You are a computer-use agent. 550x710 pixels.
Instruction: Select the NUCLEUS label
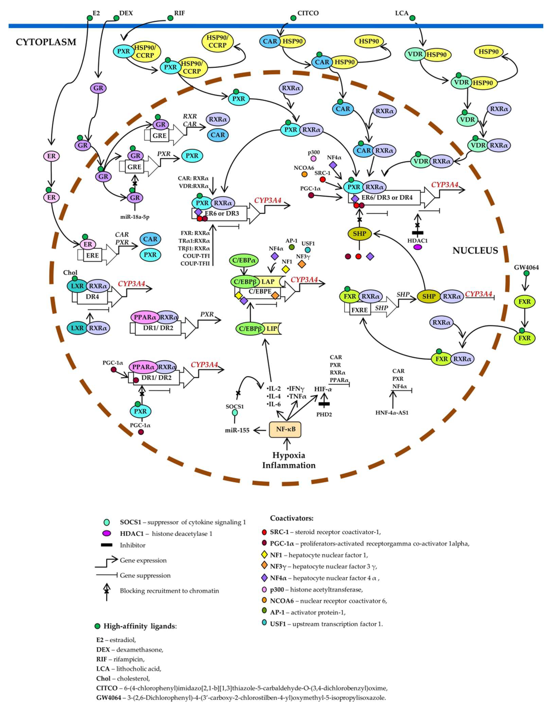475,250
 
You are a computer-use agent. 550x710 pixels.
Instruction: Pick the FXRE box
360,310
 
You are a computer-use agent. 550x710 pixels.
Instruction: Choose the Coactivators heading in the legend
291,518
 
